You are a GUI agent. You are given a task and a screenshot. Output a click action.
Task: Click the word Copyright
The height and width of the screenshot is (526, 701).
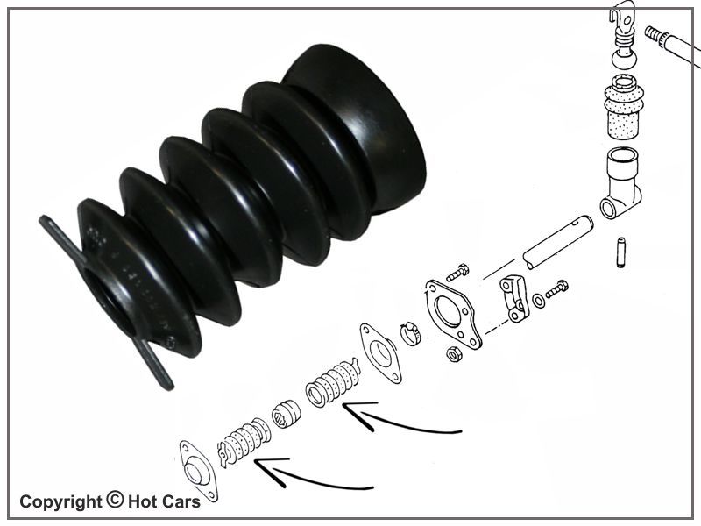[x=60, y=502]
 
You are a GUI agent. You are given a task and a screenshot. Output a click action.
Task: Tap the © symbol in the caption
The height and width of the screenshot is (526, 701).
[x=115, y=500]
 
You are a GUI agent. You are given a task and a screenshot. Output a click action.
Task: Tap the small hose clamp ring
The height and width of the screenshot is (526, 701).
[x=410, y=333]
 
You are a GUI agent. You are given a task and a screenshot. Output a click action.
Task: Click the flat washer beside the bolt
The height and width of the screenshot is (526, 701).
[x=540, y=301]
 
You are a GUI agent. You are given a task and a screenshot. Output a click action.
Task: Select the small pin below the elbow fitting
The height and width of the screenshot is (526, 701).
[x=621, y=252]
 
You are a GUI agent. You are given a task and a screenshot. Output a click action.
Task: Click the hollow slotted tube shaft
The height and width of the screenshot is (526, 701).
[x=558, y=242]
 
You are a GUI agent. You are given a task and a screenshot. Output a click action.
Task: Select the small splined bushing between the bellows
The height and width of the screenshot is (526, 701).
[x=287, y=414]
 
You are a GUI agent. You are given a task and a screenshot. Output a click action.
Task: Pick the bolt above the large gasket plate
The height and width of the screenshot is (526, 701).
[x=457, y=272]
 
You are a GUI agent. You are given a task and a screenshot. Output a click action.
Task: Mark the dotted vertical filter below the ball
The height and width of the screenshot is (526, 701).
[x=624, y=107]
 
